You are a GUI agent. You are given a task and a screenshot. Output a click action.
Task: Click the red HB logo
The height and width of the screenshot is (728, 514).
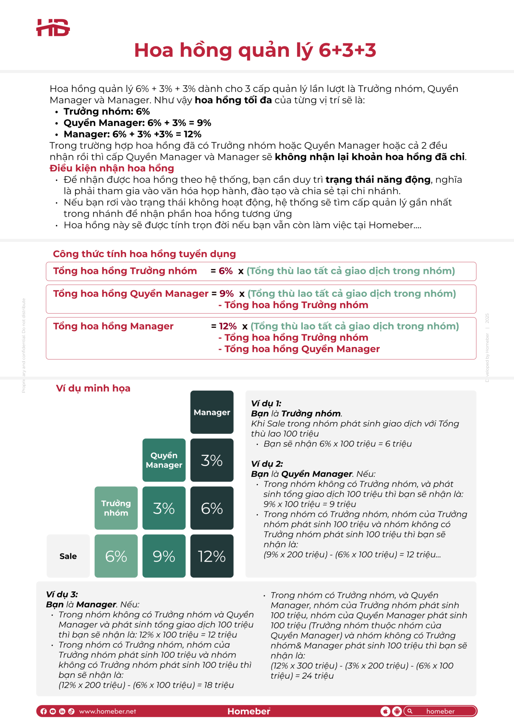(53, 28)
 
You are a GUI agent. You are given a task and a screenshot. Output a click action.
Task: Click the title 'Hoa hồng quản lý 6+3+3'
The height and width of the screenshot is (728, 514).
(255, 50)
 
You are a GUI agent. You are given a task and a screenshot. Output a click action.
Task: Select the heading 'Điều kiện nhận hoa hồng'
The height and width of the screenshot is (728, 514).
(112, 168)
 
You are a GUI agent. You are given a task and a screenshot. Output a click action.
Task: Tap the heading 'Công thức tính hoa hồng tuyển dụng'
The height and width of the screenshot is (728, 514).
(144, 254)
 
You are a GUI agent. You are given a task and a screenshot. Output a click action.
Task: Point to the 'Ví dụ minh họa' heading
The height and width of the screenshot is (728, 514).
(93, 388)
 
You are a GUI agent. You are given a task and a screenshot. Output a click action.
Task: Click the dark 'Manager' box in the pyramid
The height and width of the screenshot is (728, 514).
(212, 412)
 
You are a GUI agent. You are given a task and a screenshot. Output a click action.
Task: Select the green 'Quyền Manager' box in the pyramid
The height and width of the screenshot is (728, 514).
(164, 460)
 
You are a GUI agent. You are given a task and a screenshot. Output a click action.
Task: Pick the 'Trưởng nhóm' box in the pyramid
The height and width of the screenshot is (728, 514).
(116, 508)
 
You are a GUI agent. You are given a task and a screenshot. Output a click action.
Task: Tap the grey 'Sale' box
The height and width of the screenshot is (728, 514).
(68, 556)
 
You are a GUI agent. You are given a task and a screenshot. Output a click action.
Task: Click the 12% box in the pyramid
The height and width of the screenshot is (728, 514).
(212, 556)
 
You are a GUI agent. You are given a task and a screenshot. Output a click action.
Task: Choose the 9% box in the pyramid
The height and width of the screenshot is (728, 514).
(164, 556)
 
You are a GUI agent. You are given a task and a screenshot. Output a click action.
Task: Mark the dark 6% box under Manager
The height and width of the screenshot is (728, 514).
(212, 508)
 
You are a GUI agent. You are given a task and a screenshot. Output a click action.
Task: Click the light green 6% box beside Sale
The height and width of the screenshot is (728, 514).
(116, 556)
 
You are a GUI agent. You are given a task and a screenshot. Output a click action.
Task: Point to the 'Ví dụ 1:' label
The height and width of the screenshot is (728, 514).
(266, 403)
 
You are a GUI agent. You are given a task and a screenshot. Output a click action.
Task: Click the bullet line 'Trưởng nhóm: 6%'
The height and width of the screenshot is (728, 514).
(107, 111)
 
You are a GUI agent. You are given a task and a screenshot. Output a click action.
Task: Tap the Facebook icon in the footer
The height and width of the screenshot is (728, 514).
(44, 711)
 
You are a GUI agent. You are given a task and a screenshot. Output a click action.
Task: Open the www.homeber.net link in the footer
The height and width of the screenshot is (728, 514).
(107, 711)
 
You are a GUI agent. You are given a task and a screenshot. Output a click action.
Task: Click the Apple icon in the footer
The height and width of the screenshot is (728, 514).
(385, 711)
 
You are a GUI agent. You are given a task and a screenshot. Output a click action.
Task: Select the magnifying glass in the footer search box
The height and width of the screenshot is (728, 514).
(410, 711)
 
